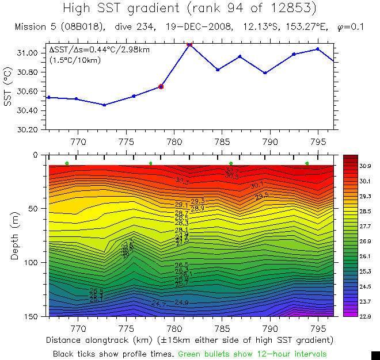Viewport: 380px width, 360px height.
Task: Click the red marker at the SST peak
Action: point(189,44)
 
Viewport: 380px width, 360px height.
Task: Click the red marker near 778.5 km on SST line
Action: point(161,86)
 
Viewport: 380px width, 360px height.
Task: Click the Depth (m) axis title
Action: point(15,235)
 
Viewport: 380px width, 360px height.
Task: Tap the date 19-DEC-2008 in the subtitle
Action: point(197,27)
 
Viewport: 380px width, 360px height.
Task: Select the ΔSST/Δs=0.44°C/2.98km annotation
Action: point(100,49)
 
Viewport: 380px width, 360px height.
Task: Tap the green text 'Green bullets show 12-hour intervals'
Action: point(252,353)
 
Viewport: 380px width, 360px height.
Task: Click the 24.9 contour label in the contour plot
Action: point(181,302)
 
